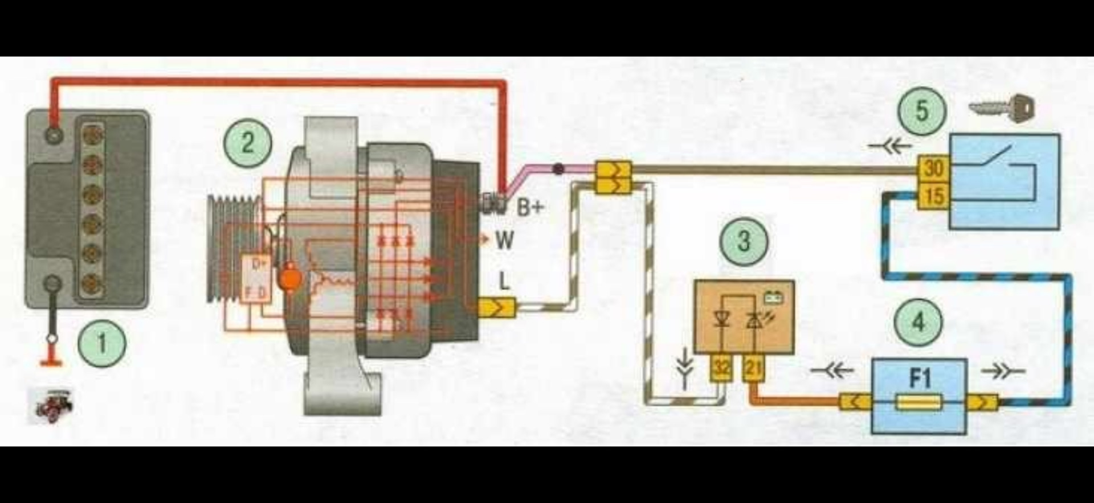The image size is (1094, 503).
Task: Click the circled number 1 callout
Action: pos(102,343)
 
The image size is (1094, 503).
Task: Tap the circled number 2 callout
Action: pos(248,142)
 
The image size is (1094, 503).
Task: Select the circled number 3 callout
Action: pos(744,241)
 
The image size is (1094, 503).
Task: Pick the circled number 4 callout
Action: pos(918,323)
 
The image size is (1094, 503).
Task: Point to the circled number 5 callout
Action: pos(922,110)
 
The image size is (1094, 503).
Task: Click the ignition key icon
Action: pos(1002,108)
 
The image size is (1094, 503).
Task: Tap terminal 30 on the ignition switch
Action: pos(933,168)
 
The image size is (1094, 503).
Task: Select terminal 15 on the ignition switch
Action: pos(933,196)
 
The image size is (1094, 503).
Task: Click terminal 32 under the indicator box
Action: pos(721,368)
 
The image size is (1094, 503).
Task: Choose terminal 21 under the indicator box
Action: pos(753,368)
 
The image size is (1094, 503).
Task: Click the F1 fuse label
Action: pos(919,378)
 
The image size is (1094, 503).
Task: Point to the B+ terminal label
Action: pos(530,208)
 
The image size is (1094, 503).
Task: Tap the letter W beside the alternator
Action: pos(504,240)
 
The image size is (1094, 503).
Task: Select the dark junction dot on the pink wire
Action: pos(559,168)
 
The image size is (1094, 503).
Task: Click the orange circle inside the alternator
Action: pos(291,278)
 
